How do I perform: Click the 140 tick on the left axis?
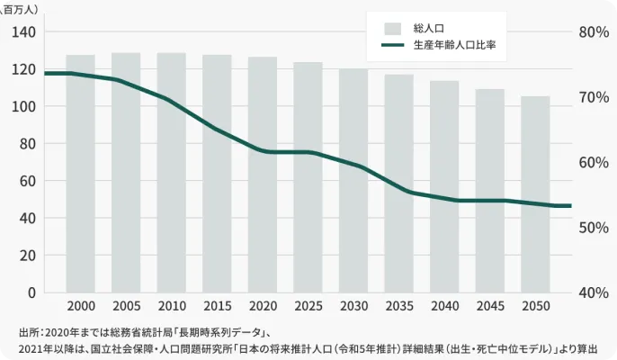click(x=24, y=31)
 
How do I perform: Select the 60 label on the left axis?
click(x=28, y=181)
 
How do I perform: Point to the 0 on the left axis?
click(x=31, y=292)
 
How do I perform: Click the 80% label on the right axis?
click(x=593, y=31)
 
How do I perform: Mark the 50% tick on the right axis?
click(x=593, y=228)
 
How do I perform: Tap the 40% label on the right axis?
click(x=593, y=292)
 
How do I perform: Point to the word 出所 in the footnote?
click(x=28, y=330)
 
